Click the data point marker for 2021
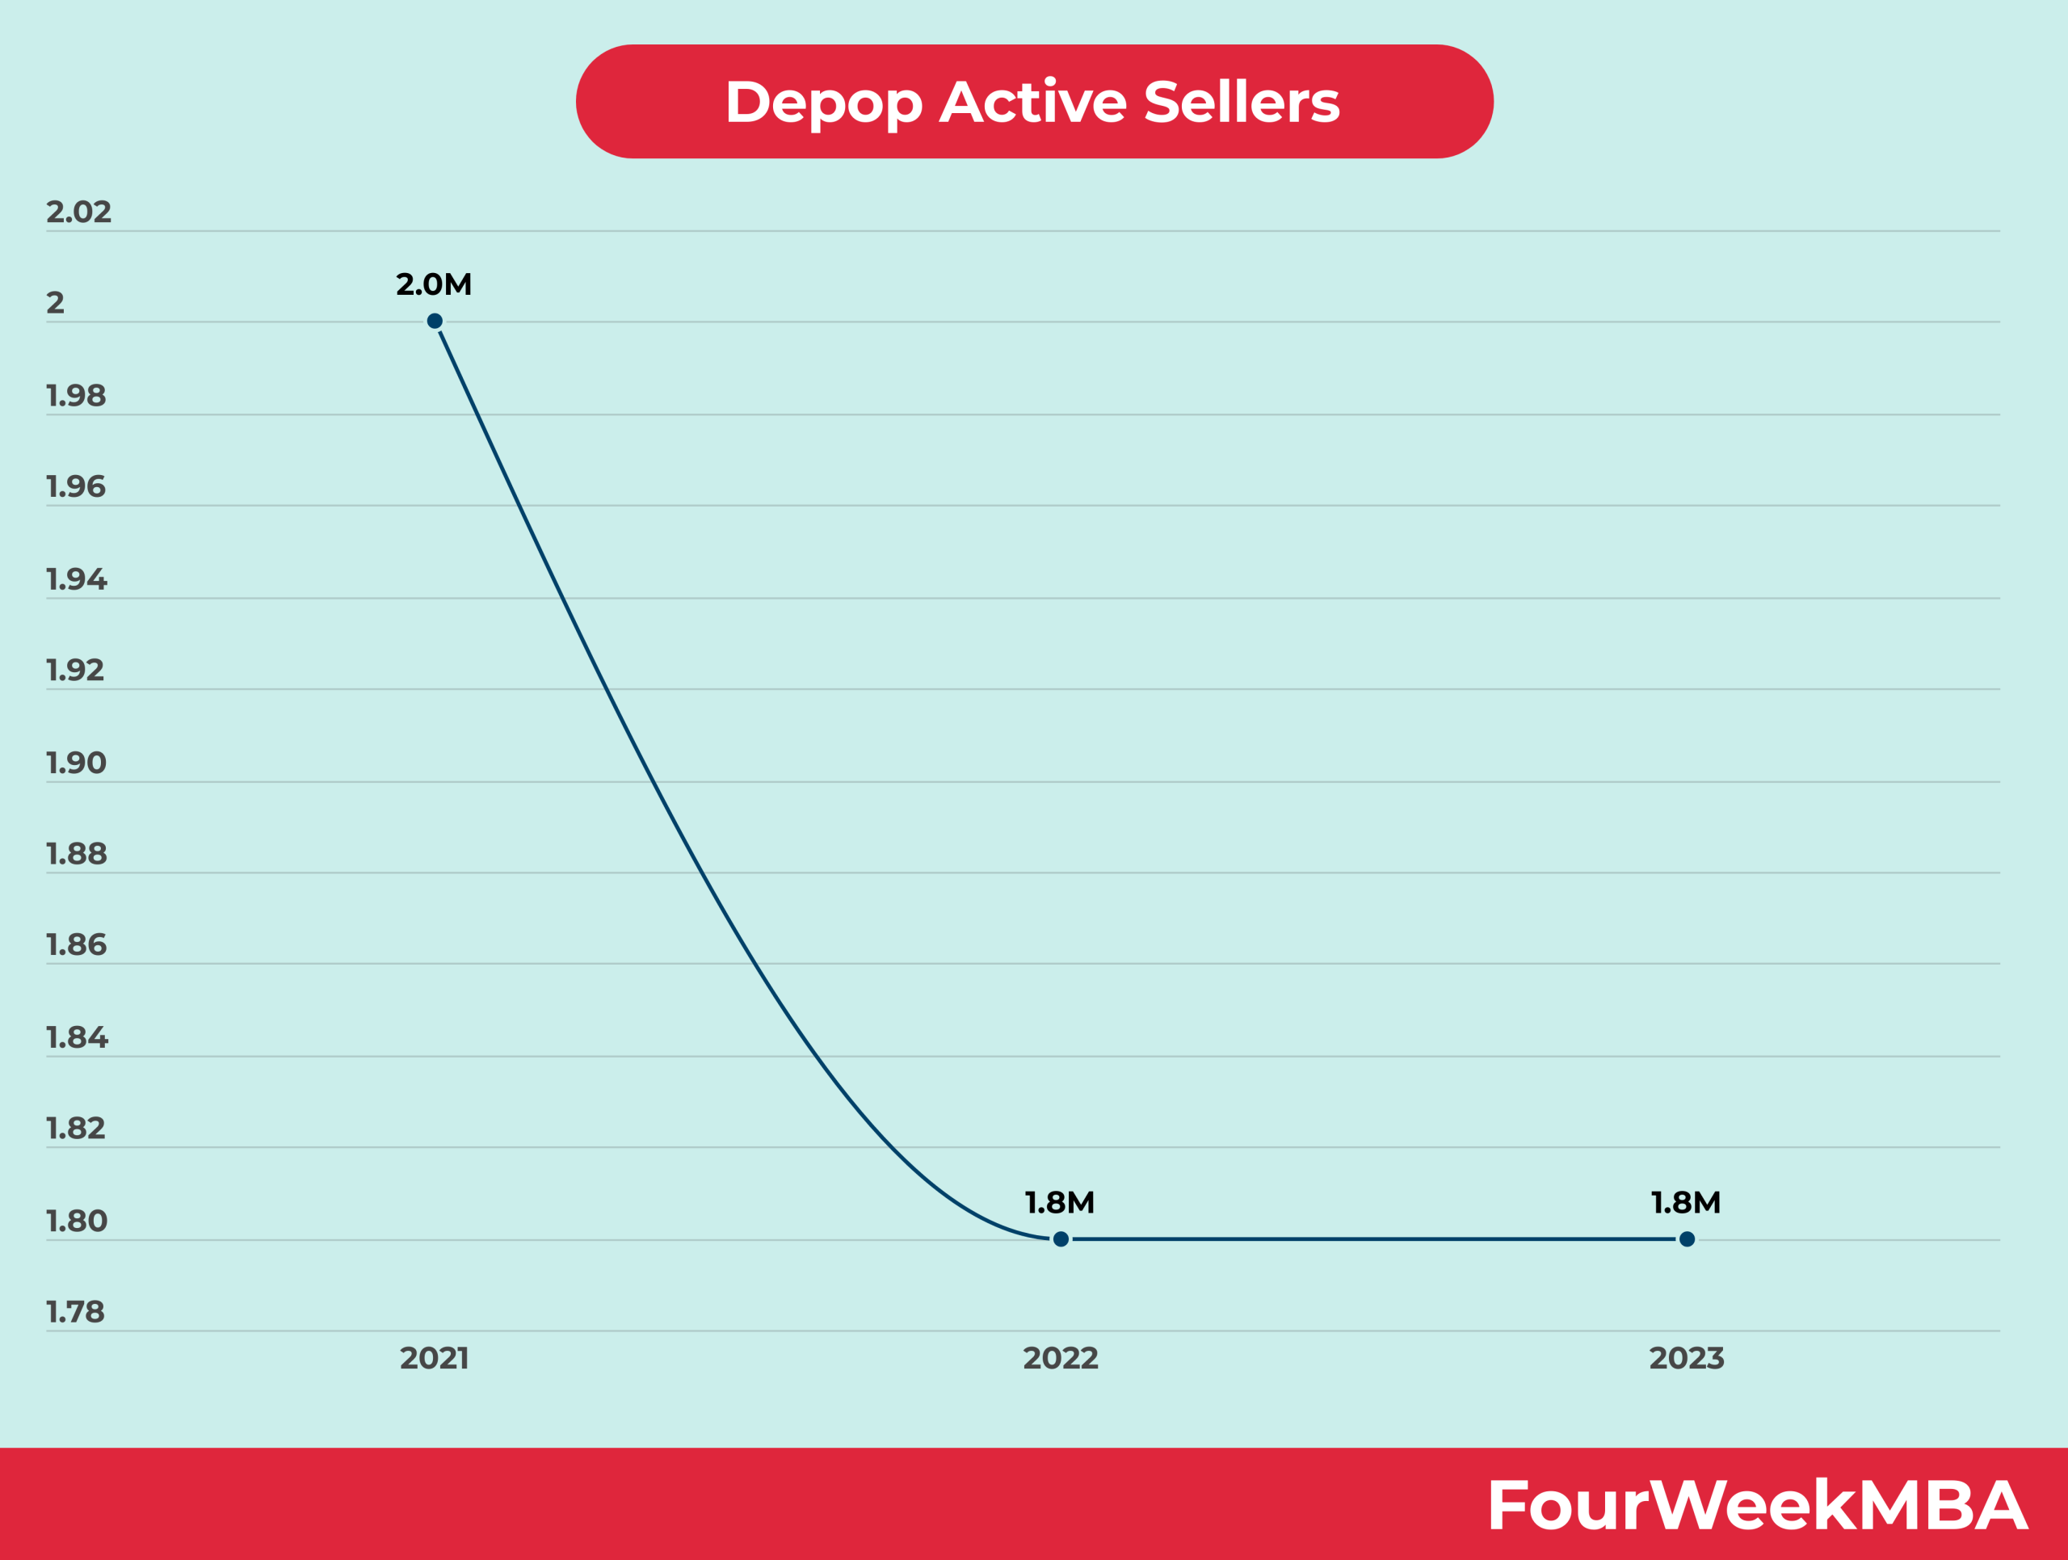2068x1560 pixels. [x=435, y=321]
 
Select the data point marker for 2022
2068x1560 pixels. [x=1060, y=1238]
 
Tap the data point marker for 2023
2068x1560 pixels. [x=1687, y=1238]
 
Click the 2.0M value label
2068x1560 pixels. [x=434, y=284]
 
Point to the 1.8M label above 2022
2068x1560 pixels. [x=1059, y=1202]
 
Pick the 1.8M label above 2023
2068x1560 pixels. [x=1686, y=1202]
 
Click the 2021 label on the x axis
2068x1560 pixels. [x=435, y=1357]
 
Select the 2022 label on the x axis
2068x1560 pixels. [x=1060, y=1357]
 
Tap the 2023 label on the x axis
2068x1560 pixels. [x=1687, y=1357]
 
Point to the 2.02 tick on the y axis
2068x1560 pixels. [x=78, y=212]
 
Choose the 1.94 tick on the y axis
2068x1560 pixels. [x=77, y=579]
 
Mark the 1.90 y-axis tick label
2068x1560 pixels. [x=77, y=763]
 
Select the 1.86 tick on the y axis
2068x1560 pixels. [x=77, y=945]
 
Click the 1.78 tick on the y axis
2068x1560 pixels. [x=76, y=1311]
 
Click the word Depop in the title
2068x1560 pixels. [x=822, y=102]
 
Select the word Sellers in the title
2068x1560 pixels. [x=1242, y=102]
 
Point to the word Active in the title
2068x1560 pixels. [x=1033, y=102]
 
